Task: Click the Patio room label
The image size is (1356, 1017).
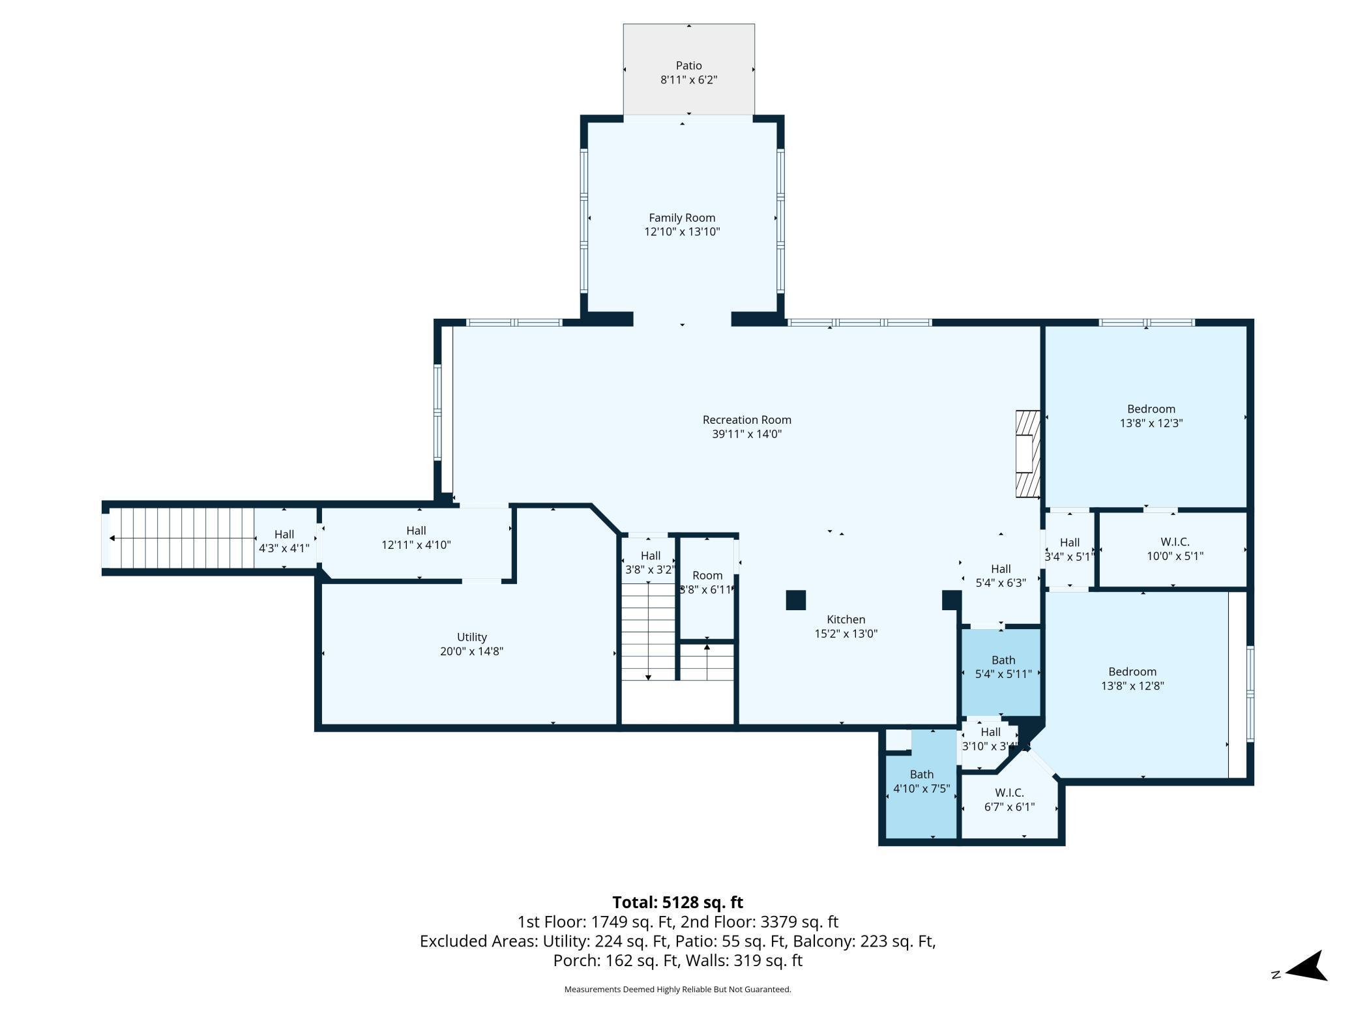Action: coord(688,65)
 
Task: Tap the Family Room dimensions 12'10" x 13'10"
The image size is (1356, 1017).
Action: coord(682,232)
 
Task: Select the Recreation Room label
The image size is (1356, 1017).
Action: coord(746,420)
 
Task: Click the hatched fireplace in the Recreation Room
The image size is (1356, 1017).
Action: coord(1027,454)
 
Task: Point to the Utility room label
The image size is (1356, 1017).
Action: coord(471,637)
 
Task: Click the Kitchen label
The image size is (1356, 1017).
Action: coord(846,619)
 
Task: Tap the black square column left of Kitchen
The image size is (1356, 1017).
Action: coord(795,600)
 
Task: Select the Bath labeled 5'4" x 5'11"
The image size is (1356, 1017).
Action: coord(1003,667)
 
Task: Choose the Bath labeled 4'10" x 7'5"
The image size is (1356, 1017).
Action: coord(921,781)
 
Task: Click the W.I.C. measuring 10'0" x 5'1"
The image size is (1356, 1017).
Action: coord(1174,549)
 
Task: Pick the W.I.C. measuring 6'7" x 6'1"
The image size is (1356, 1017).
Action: coord(1009,800)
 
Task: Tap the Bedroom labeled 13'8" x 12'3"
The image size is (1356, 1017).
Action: coord(1151,416)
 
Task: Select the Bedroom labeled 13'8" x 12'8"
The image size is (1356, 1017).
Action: coord(1132,679)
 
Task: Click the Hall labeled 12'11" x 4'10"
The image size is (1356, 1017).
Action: coord(416,538)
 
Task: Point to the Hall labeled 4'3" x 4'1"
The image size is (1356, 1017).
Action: coord(284,541)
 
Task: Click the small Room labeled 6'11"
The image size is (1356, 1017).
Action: coord(707,582)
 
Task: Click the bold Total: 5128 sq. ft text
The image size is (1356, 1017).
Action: coord(677,902)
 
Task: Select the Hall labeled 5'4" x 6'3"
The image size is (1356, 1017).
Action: coord(1000,576)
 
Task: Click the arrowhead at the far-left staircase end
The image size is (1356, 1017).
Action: coord(113,538)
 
